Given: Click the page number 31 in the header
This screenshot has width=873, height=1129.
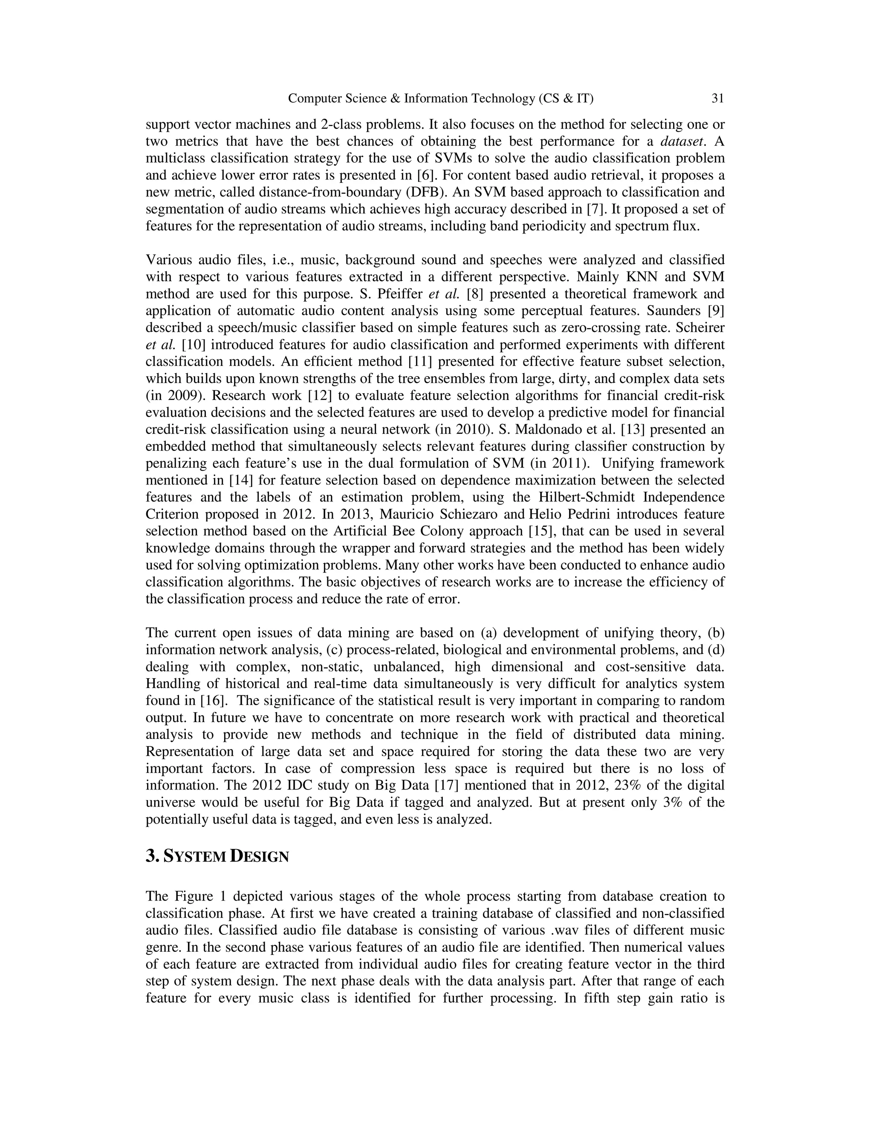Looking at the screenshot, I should tap(717, 98).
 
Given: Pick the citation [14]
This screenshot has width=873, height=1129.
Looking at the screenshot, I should tap(241, 480).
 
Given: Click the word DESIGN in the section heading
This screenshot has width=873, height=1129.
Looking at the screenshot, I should tap(259, 857).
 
